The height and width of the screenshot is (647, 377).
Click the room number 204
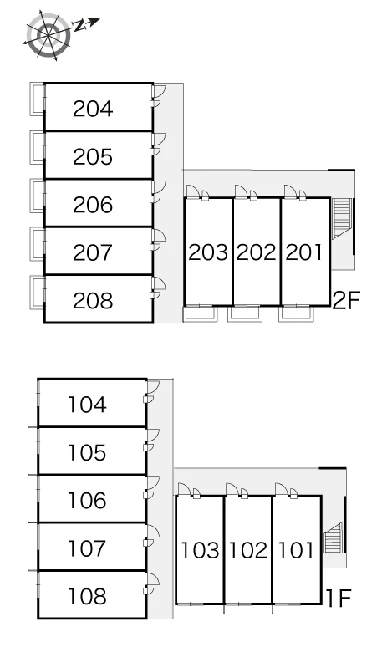pos(93,109)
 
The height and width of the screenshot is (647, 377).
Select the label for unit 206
pos(93,205)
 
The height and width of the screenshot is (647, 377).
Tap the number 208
pos(93,301)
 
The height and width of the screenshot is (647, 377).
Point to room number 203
pos(208,252)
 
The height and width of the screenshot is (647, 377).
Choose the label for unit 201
pos(304,252)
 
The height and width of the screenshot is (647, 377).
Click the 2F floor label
pos(346,300)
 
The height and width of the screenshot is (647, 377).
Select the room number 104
pos(88,405)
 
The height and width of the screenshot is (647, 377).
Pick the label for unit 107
pos(88,548)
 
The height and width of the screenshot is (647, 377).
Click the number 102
pos(248,550)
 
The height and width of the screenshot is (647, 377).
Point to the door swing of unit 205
pos(159,140)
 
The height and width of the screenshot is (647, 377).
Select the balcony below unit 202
pos(245,313)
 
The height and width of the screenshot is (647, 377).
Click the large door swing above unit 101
pos(281,489)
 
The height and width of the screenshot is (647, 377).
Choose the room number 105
pos(88,452)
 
